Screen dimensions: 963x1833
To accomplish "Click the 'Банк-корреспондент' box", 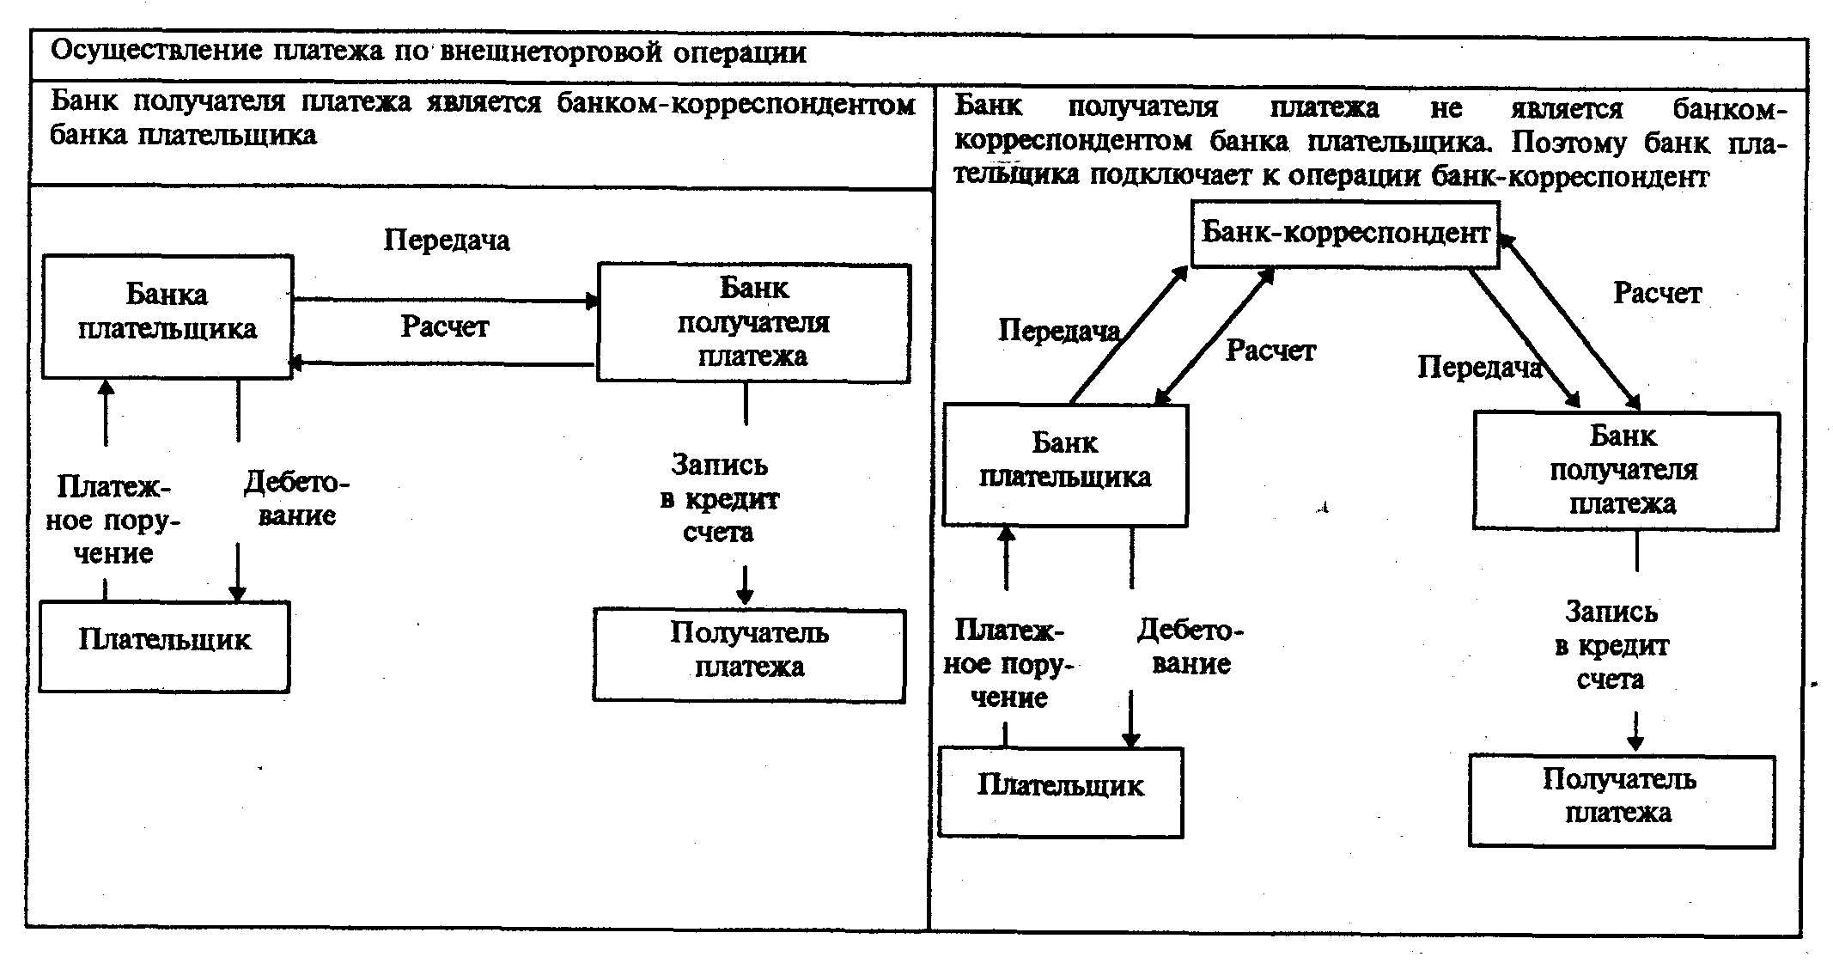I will (x=1344, y=234).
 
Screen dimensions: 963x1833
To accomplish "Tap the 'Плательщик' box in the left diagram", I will (x=164, y=646).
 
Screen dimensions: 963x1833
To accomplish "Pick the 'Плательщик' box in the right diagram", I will (x=1060, y=791).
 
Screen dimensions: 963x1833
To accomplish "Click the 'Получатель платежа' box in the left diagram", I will (x=749, y=655).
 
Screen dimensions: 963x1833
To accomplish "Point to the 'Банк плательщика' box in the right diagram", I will (x=1065, y=464).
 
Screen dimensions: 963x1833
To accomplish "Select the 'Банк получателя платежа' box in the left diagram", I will (x=753, y=322).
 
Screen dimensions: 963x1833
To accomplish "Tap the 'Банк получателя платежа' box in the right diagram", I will (x=1624, y=470).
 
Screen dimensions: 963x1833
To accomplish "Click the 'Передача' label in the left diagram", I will (x=446, y=240).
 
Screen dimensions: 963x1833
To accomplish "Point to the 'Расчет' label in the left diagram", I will (x=444, y=326).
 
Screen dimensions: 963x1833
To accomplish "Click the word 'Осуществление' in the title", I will (x=156, y=52).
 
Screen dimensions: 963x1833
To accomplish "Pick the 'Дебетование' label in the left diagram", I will (x=296, y=499).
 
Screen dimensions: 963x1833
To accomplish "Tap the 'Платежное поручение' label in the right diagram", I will (x=1008, y=664).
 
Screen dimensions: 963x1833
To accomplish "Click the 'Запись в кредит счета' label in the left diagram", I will (x=719, y=499).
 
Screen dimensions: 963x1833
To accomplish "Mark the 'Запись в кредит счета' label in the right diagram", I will (x=1611, y=646).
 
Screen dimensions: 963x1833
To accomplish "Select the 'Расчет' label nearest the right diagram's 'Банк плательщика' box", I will (x=1270, y=350).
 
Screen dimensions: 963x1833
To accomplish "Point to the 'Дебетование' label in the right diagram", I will (x=1191, y=647).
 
